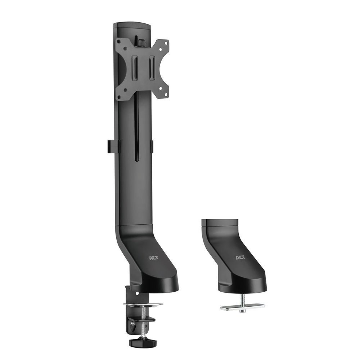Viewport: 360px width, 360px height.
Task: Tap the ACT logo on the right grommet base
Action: point(240,258)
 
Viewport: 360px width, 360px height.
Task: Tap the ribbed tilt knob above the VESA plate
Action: point(138,41)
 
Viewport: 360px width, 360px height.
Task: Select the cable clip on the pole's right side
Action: point(152,146)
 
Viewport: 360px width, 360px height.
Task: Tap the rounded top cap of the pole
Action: point(132,26)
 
